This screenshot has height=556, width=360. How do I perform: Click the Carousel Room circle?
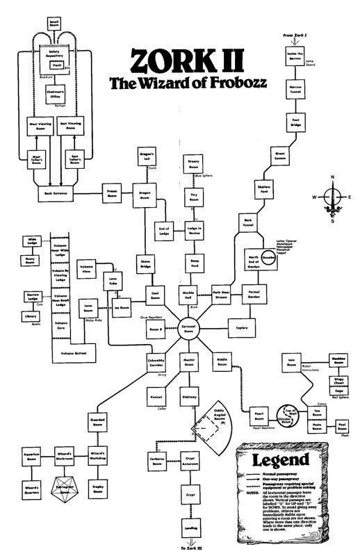click(188, 331)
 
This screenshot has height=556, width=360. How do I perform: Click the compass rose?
click(334, 197)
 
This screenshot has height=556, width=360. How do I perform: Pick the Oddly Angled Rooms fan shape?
click(222, 425)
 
